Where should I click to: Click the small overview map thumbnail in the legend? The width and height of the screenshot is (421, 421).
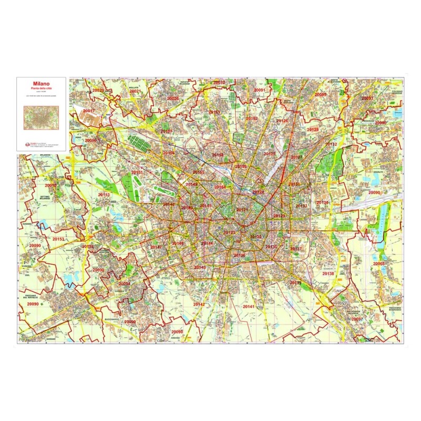(x=42, y=116)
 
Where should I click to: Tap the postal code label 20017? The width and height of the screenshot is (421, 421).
(x=89, y=111)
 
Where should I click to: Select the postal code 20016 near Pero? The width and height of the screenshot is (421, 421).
(x=91, y=141)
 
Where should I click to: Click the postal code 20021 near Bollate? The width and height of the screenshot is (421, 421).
(x=135, y=92)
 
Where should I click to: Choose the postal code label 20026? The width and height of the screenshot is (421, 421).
(x=173, y=98)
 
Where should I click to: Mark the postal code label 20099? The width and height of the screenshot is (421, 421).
(x=320, y=95)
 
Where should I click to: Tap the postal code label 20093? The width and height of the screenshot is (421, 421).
(x=367, y=98)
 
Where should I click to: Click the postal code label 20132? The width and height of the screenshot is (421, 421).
(x=331, y=144)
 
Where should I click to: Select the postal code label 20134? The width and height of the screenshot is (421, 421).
(x=322, y=203)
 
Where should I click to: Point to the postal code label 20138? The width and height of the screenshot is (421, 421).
(x=328, y=274)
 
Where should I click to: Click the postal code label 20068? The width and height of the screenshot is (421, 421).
(x=379, y=264)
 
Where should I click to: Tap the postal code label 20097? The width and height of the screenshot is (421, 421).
(x=357, y=319)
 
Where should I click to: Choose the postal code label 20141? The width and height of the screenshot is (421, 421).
(x=248, y=306)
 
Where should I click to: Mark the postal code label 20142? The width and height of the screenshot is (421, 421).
(x=199, y=305)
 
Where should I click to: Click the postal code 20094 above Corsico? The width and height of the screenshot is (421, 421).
(x=124, y=284)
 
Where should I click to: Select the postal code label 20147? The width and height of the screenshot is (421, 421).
(x=156, y=247)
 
